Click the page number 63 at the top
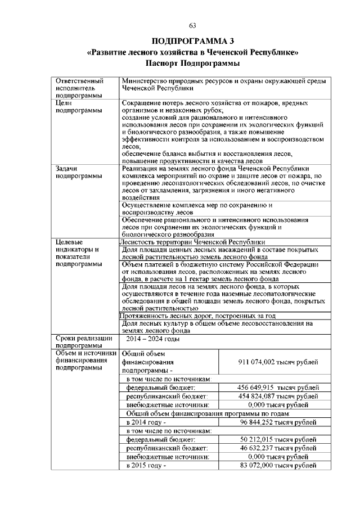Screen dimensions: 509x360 click(x=192, y=25)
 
